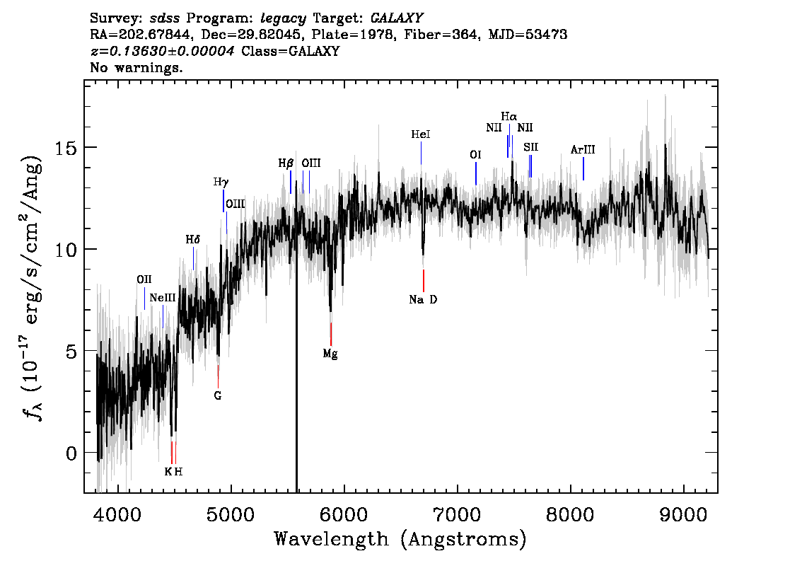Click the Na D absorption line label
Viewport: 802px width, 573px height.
click(x=423, y=300)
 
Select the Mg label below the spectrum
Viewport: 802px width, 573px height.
click(x=330, y=354)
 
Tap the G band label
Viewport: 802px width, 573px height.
click(x=218, y=395)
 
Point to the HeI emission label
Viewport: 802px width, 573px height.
click(x=420, y=134)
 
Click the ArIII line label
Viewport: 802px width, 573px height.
click(x=583, y=150)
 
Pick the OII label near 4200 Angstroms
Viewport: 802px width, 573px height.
click(x=144, y=280)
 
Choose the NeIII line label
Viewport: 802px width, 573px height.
click(x=163, y=298)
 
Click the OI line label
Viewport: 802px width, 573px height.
click(x=475, y=155)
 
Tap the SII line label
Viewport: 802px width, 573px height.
click(x=531, y=147)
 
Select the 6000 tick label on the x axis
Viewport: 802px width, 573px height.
click(x=344, y=514)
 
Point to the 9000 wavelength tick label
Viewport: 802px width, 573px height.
click(x=683, y=514)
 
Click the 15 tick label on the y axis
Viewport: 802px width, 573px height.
click(x=66, y=149)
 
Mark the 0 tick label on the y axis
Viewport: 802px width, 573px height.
click(x=71, y=453)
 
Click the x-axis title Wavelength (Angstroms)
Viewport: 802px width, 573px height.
click(x=400, y=539)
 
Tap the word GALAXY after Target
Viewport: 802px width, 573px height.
click(x=396, y=18)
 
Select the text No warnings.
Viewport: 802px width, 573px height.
click(x=136, y=67)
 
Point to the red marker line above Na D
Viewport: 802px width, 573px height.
click(x=424, y=280)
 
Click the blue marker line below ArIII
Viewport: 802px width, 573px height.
click(x=583, y=169)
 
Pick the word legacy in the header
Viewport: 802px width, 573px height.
click(x=284, y=19)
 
